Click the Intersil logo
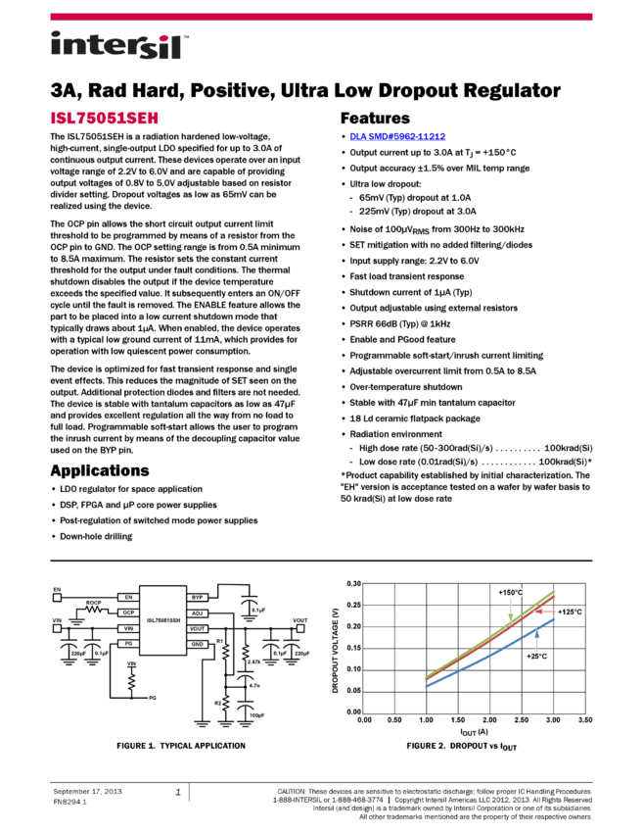[x=119, y=46]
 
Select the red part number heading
[x=105, y=119]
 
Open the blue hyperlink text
[x=397, y=136]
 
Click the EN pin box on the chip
[x=128, y=597]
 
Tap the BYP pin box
[x=197, y=597]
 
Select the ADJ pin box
[x=197, y=612]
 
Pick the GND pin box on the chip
[x=197, y=644]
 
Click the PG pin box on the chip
[x=128, y=644]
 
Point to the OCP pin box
[x=128, y=612]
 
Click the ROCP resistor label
[x=94, y=603]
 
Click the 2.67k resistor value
[x=253, y=662]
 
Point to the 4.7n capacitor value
[x=253, y=686]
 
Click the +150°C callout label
[x=511, y=593]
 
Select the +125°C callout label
[x=570, y=612]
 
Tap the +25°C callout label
[x=537, y=656]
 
